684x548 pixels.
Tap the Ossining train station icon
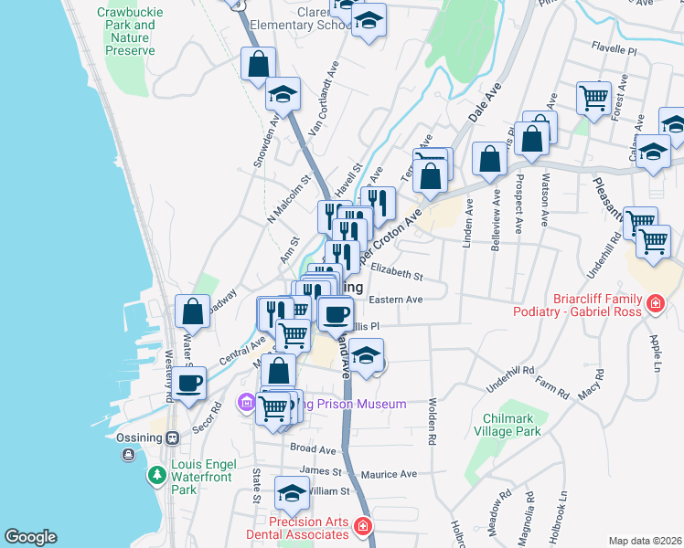171,437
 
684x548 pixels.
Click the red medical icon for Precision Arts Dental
363,526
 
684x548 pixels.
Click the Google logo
30,537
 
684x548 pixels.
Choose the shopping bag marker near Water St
193,311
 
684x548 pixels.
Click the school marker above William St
292,494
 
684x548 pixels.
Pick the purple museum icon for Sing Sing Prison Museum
245,402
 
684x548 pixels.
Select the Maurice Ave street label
388,474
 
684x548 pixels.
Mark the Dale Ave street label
486,103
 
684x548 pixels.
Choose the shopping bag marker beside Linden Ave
490,158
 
